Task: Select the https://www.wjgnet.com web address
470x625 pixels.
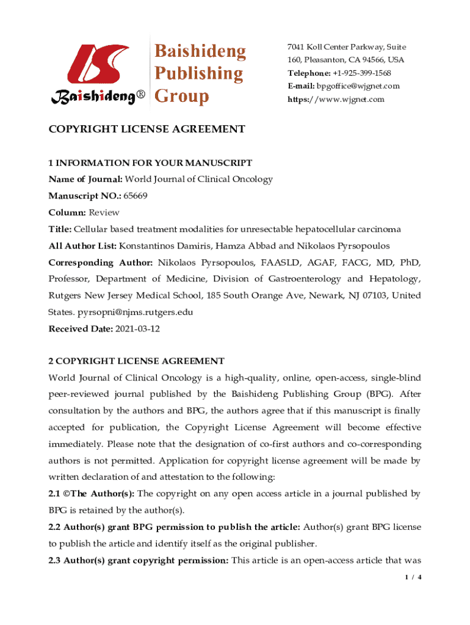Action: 336,99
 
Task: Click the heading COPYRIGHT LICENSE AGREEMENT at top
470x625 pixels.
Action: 146,129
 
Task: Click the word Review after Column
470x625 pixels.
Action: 104,212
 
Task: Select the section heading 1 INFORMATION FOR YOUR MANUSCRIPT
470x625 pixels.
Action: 150,163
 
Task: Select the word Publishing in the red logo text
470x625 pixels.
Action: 198,74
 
